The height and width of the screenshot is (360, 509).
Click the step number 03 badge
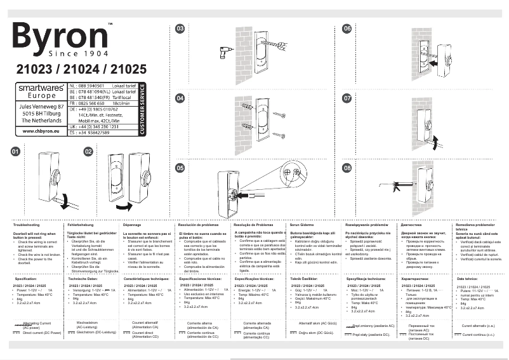180,29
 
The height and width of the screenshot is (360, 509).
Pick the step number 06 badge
347,29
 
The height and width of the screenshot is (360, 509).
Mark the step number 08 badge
347,168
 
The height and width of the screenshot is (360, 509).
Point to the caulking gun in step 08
393,185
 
